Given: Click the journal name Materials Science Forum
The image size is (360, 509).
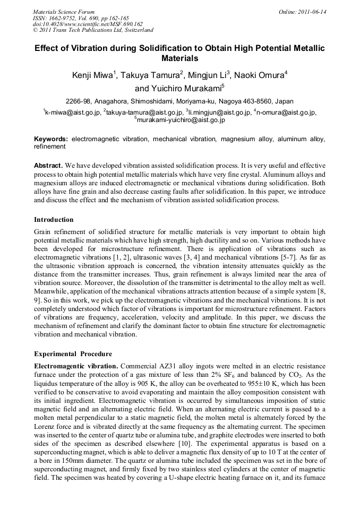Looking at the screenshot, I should [64, 12].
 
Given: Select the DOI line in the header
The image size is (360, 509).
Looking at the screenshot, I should [88, 24].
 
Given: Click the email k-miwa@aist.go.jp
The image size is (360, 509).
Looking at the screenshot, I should [72, 113].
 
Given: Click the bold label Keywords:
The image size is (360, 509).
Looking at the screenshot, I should [51, 139].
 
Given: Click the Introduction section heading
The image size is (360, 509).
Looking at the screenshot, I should [54, 219].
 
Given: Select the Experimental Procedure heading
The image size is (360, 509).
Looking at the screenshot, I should [70, 353].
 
